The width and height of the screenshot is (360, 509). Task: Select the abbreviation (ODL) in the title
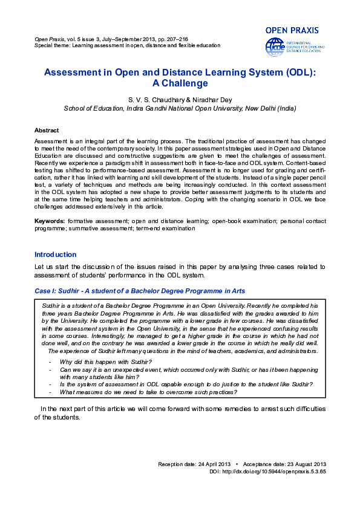tap(296, 72)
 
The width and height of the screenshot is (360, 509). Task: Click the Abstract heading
tap(47, 131)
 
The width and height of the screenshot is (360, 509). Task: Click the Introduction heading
tap(56, 254)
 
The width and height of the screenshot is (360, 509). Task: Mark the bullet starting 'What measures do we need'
tap(148, 391)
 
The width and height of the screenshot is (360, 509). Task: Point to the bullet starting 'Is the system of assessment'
tap(186, 384)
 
